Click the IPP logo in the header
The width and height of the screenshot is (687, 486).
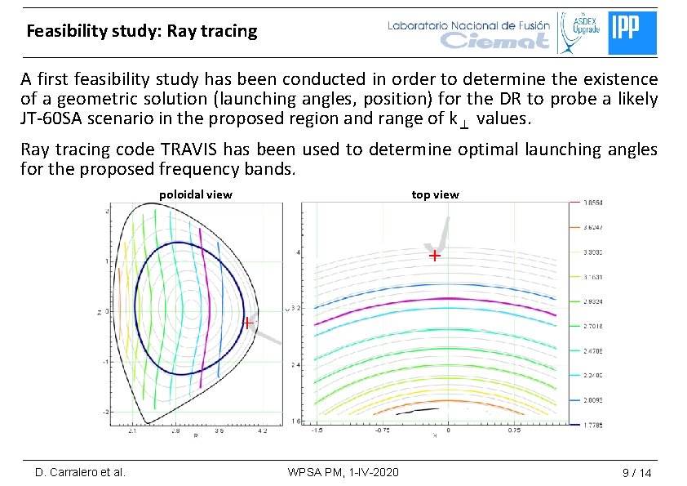pyautogui.click(x=632, y=33)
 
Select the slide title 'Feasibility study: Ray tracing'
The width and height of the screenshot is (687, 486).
pyautogui.click(x=141, y=32)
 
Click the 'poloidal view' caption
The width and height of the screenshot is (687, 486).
pyautogui.click(x=195, y=194)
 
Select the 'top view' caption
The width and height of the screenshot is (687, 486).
pyautogui.click(x=435, y=194)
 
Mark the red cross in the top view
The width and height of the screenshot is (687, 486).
pyautogui.click(x=435, y=256)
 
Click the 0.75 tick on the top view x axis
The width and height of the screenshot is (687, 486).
pyautogui.click(x=515, y=430)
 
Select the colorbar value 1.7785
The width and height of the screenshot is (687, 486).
pyautogui.click(x=592, y=425)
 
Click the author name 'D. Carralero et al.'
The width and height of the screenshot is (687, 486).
pyautogui.click(x=80, y=472)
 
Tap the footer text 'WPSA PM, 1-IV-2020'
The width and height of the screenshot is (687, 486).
pyautogui.click(x=343, y=472)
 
